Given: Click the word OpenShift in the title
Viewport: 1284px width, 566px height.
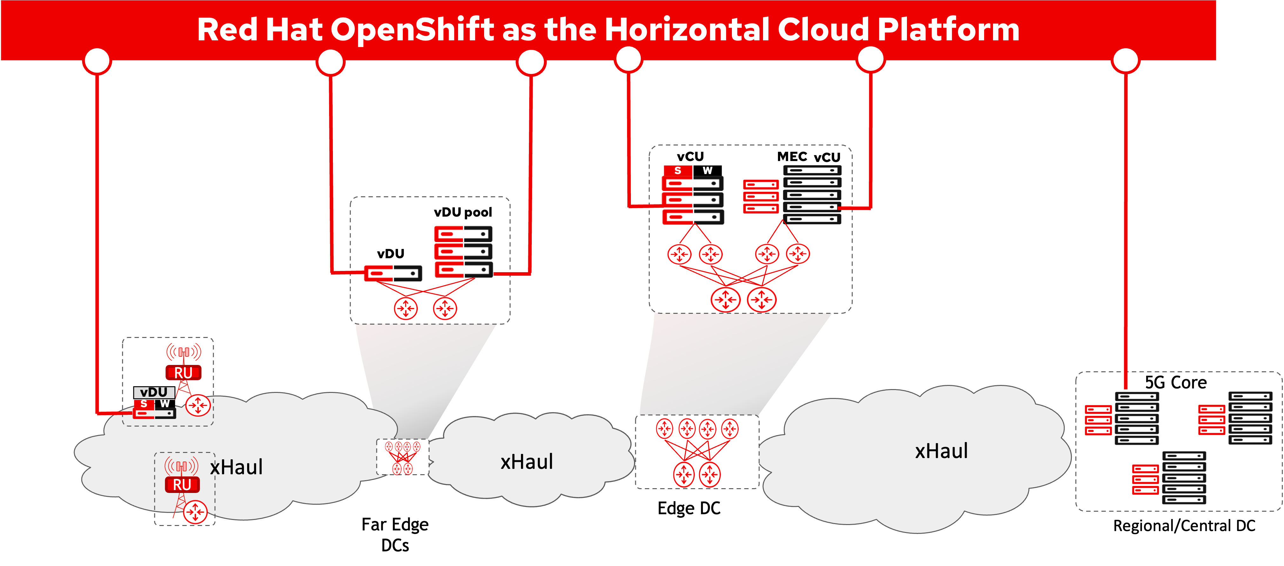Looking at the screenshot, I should coord(412,30).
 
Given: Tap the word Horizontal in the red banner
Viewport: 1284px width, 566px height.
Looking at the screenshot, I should coord(687,30).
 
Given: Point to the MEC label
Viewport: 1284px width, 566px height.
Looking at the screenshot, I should coord(792,157).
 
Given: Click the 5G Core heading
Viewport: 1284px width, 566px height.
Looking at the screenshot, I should coord(1175,383).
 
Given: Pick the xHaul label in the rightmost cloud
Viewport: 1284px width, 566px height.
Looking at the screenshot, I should coord(941,451).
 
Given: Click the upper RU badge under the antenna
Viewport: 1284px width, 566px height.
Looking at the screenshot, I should coord(183,373).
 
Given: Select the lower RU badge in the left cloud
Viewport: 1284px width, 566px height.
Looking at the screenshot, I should coord(182,485).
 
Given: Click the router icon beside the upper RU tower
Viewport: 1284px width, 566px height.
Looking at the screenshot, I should coord(198,406).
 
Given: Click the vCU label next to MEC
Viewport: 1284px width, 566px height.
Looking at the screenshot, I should coord(827,158).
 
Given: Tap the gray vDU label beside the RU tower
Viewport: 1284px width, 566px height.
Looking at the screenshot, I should coord(153,393).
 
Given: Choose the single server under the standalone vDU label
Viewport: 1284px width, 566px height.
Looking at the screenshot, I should coord(393,273).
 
